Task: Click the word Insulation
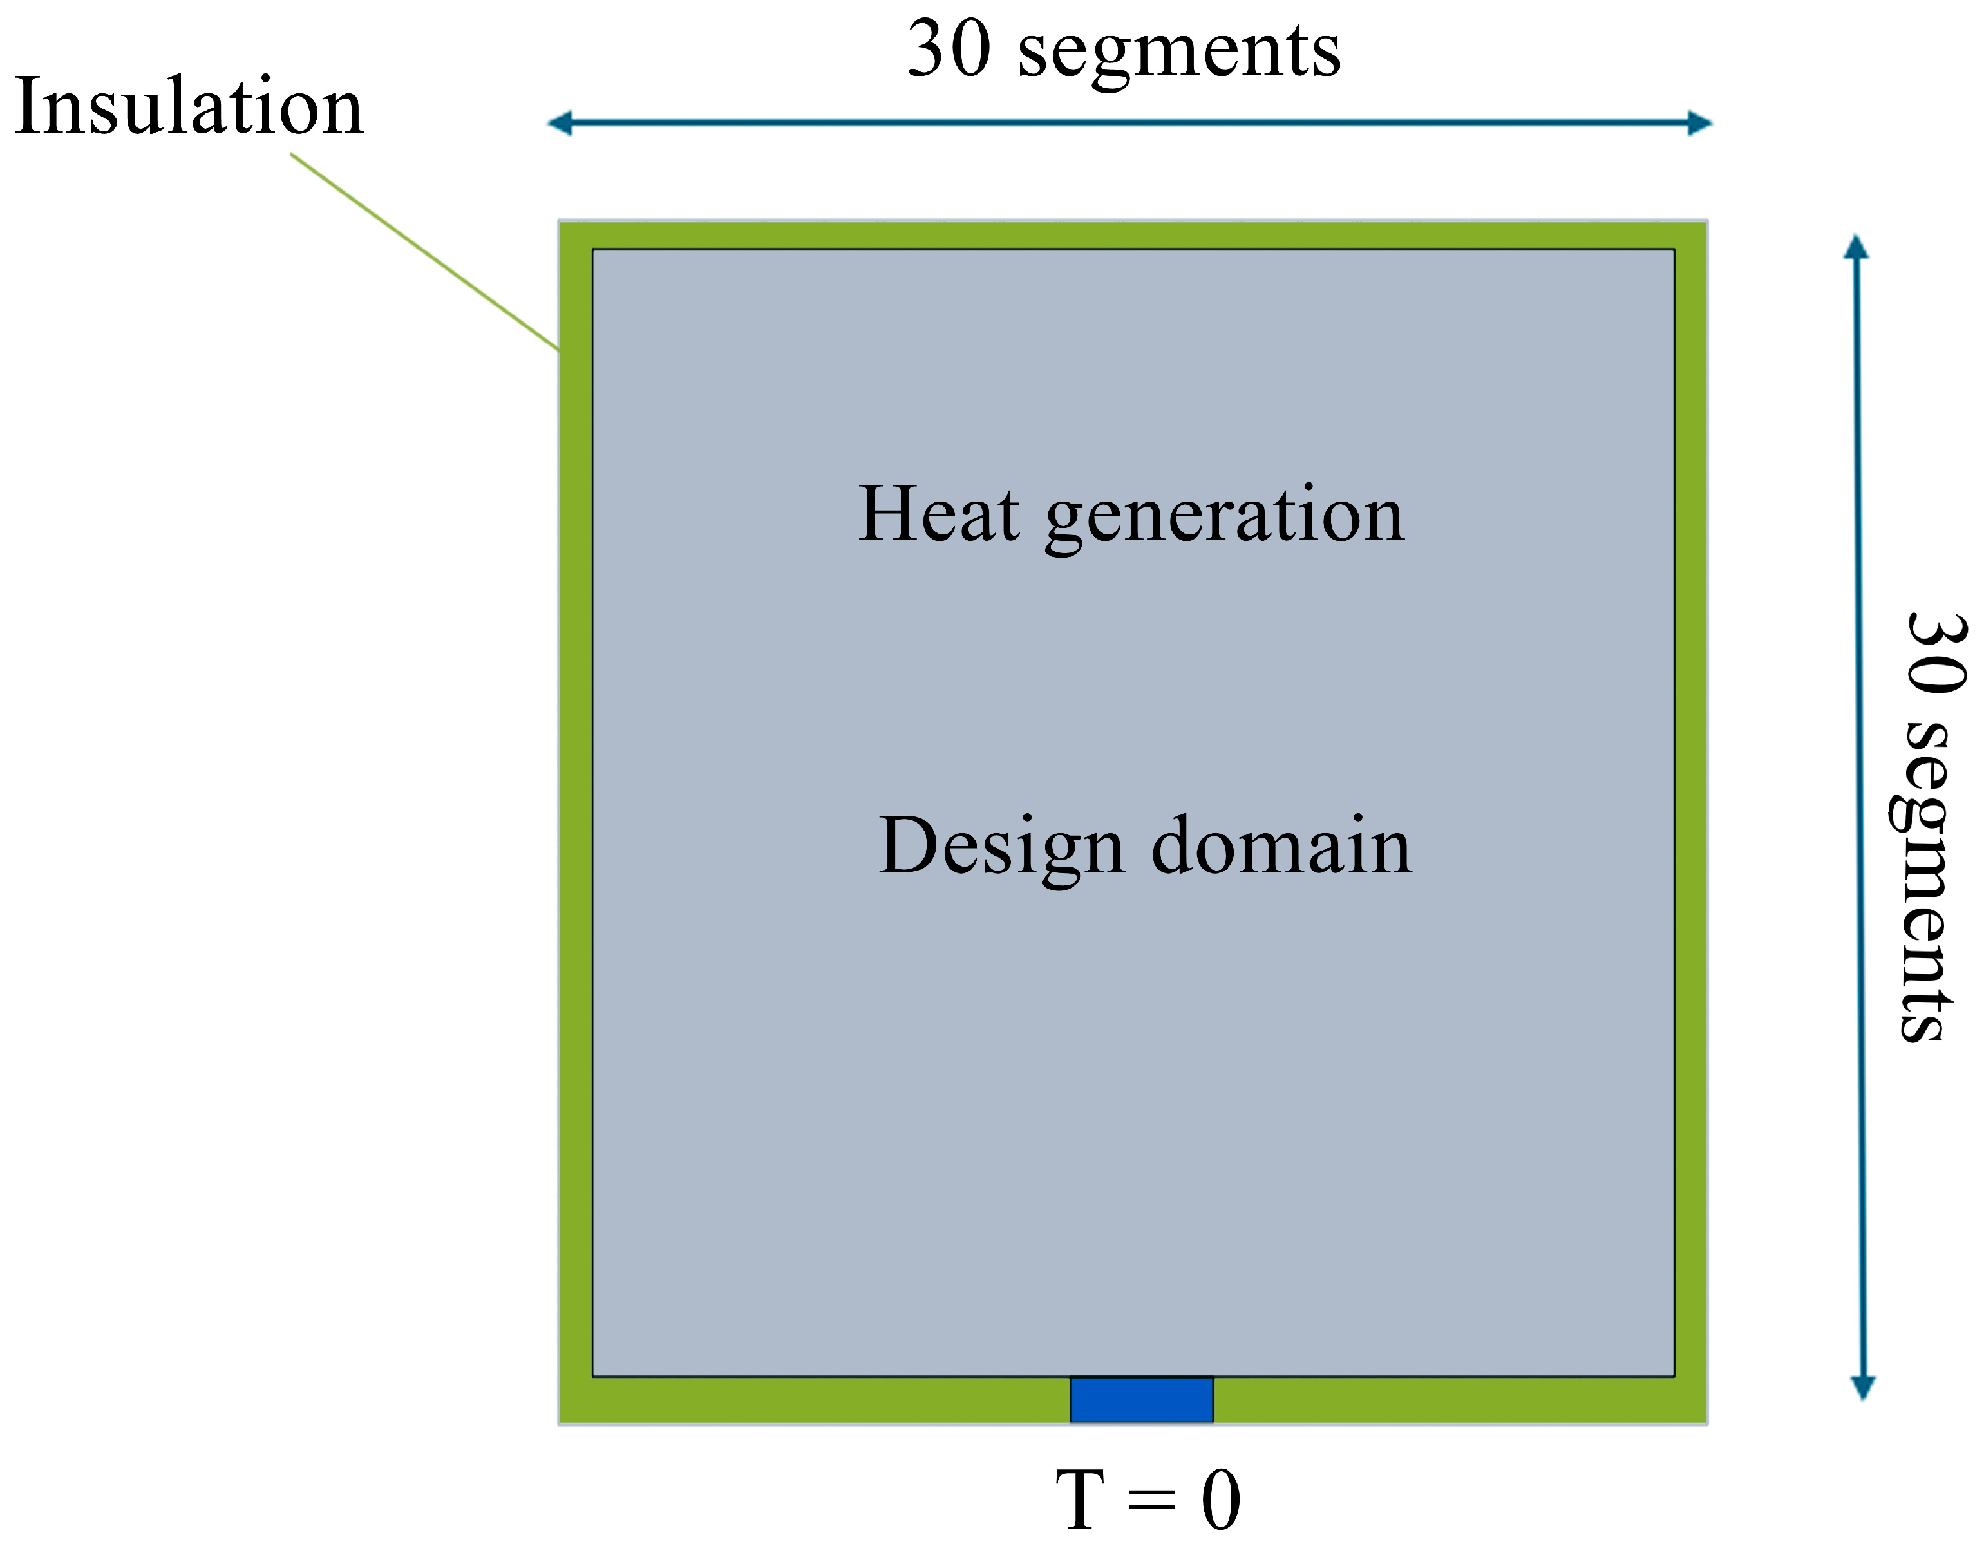[x=189, y=107]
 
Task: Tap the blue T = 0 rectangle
[x=1141, y=1400]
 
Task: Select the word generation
[x=1225, y=518]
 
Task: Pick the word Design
[x=1002, y=847]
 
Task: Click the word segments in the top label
[x=1178, y=55]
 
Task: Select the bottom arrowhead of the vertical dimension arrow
[x=1863, y=1387]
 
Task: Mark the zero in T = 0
[x=1220, y=1500]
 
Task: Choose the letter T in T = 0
[x=1080, y=1500]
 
